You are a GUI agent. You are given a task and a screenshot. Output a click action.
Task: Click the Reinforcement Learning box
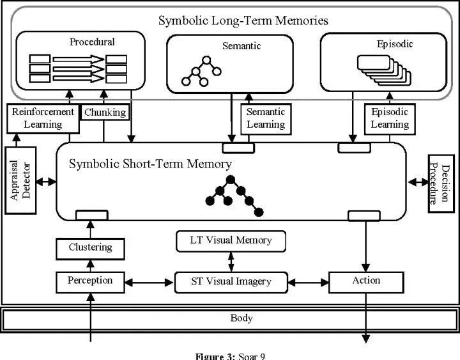click(x=43, y=119)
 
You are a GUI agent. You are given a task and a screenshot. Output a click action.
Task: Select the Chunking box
click(x=105, y=112)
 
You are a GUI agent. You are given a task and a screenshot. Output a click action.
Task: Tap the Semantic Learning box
click(x=266, y=119)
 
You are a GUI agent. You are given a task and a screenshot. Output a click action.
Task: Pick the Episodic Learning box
click(x=390, y=119)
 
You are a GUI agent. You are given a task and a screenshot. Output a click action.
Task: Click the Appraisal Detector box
click(x=20, y=180)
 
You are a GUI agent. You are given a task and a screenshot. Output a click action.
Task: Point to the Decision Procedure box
click(x=441, y=184)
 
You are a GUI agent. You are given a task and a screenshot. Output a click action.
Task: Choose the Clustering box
click(x=90, y=249)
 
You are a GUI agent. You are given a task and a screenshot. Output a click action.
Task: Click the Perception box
click(x=90, y=283)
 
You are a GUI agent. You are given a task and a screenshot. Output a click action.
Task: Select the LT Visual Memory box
click(x=231, y=241)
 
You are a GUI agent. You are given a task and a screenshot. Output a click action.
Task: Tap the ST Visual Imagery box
click(x=231, y=283)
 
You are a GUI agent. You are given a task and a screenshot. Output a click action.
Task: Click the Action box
click(x=366, y=283)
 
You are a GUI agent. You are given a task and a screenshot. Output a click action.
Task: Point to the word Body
click(x=241, y=318)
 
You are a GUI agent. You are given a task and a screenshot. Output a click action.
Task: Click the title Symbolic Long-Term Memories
click(x=243, y=20)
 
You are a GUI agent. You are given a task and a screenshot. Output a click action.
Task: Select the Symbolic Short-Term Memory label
click(x=151, y=164)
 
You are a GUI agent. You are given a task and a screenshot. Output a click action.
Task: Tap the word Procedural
click(x=92, y=42)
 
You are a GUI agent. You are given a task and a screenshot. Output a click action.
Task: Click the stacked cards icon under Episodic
click(x=384, y=70)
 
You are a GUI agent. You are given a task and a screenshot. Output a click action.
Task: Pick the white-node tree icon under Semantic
click(x=201, y=71)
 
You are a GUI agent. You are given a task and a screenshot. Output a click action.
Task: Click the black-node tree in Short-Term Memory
click(x=234, y=196)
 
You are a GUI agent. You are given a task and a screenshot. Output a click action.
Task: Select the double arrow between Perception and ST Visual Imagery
click(x=149, y=283)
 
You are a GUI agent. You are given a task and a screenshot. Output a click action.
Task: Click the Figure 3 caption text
click(x=230, y=356)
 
